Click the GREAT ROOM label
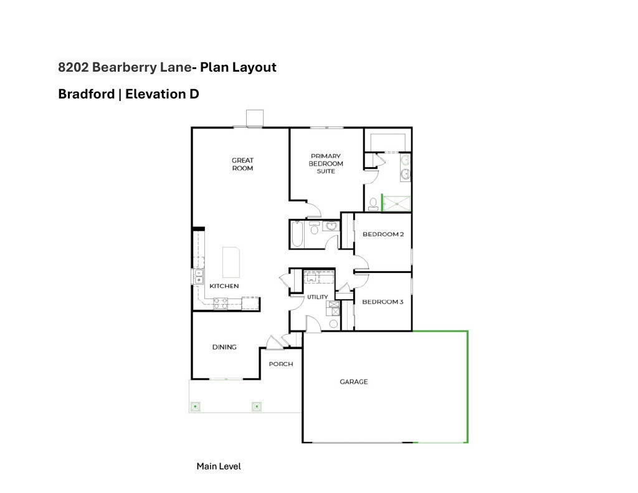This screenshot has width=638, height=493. [x=242, y=164]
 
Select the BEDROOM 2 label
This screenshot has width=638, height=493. [x=383, y=234]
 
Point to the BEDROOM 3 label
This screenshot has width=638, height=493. [x=383, y=302]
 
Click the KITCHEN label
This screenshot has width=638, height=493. [x=224, y=286]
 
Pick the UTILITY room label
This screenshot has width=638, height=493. [x=317, y=297]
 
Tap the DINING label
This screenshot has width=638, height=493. [x=224, y=347]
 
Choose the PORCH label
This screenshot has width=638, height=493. [x=280, y=364]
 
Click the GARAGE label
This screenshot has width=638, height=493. [x=353, y=381]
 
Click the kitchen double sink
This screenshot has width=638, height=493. [x=199, y=276]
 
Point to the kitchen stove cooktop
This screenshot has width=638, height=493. [x=221, y=304]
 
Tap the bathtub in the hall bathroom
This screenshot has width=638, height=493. [x=297, y=234]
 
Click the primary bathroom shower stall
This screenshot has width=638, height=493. [x=397, y=203]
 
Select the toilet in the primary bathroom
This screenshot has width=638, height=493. [x=372, y=203]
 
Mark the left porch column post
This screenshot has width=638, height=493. [x=195, y=406]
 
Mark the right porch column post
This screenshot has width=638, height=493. [x=256, y=406]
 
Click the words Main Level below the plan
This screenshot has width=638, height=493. [x=219, y=466]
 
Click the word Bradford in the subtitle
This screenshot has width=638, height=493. [x=86, y=94]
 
